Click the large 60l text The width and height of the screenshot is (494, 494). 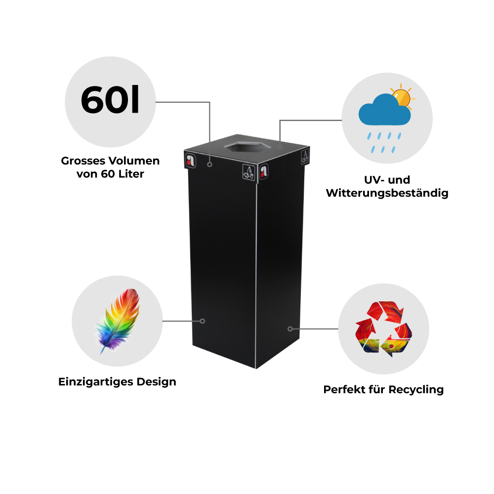click(110, 100)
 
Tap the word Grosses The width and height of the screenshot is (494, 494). click(83, 161)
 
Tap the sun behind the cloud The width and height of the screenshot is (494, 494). click(402, 97)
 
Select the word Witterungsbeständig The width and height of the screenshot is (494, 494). click(387, 193)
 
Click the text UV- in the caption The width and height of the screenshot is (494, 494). click(374, 180)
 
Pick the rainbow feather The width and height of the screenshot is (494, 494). click(118, 321)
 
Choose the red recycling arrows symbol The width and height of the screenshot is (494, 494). click(383, 329)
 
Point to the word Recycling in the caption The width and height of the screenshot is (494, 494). click(416, 390)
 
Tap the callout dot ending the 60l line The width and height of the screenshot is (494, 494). click(209, 165)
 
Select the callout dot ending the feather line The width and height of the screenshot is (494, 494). click(202, 321)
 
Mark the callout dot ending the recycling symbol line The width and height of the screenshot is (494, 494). click(290, 329)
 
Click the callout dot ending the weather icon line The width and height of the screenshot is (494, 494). click(280, 147)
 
